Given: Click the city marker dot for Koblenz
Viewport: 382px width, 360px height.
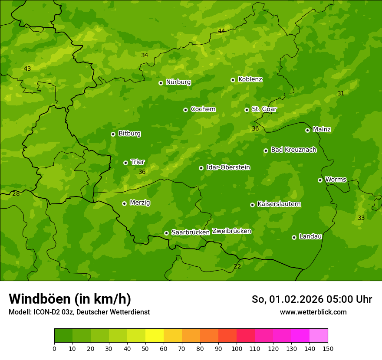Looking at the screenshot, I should click(233, 80).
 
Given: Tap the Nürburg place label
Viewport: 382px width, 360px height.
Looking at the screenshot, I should click(178, 82).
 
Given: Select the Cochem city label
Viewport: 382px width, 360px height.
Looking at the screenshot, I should click(203, 109).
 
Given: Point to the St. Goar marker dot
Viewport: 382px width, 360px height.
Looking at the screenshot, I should click(247, 110).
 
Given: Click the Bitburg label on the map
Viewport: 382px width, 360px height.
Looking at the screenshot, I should click(129, 134).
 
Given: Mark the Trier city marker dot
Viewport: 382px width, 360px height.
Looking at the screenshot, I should click(125, 163).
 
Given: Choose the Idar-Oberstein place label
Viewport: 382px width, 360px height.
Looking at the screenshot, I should click(228, 167).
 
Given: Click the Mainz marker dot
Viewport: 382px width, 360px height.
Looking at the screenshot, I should click(307, 130).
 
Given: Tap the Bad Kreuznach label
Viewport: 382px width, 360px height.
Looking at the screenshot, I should click(293, 150).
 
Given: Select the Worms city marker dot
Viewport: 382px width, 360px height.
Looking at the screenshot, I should click(320, 180).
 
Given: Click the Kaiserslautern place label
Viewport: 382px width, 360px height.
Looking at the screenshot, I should click(279, 204).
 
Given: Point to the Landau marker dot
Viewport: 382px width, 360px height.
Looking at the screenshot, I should click(294, 237).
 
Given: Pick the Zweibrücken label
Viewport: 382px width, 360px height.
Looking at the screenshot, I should click(231, 231).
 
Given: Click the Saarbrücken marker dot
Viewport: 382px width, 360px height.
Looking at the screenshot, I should click(166, 233).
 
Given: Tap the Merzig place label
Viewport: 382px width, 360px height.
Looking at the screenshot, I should click(140, 203).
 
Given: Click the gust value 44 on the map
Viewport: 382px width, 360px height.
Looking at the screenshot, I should click(221, 31).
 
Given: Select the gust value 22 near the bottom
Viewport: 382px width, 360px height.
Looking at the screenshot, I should click(237, 266).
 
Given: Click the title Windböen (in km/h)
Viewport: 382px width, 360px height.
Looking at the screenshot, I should click(70, 299).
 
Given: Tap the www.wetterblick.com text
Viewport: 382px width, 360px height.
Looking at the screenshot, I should click(313, 312).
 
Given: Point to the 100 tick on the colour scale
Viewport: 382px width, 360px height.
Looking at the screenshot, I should click(237, 348).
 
